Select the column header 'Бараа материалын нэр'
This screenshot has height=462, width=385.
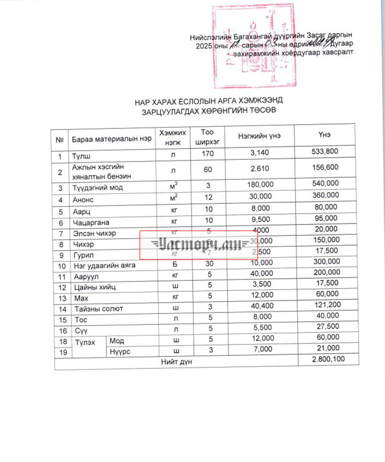click(112, 139)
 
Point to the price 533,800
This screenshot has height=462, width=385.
click(325, 152)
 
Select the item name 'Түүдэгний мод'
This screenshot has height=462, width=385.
click(97, 187)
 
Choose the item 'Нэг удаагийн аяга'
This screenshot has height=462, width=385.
click(103, 266)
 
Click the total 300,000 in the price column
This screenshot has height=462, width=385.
click(325, 263)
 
